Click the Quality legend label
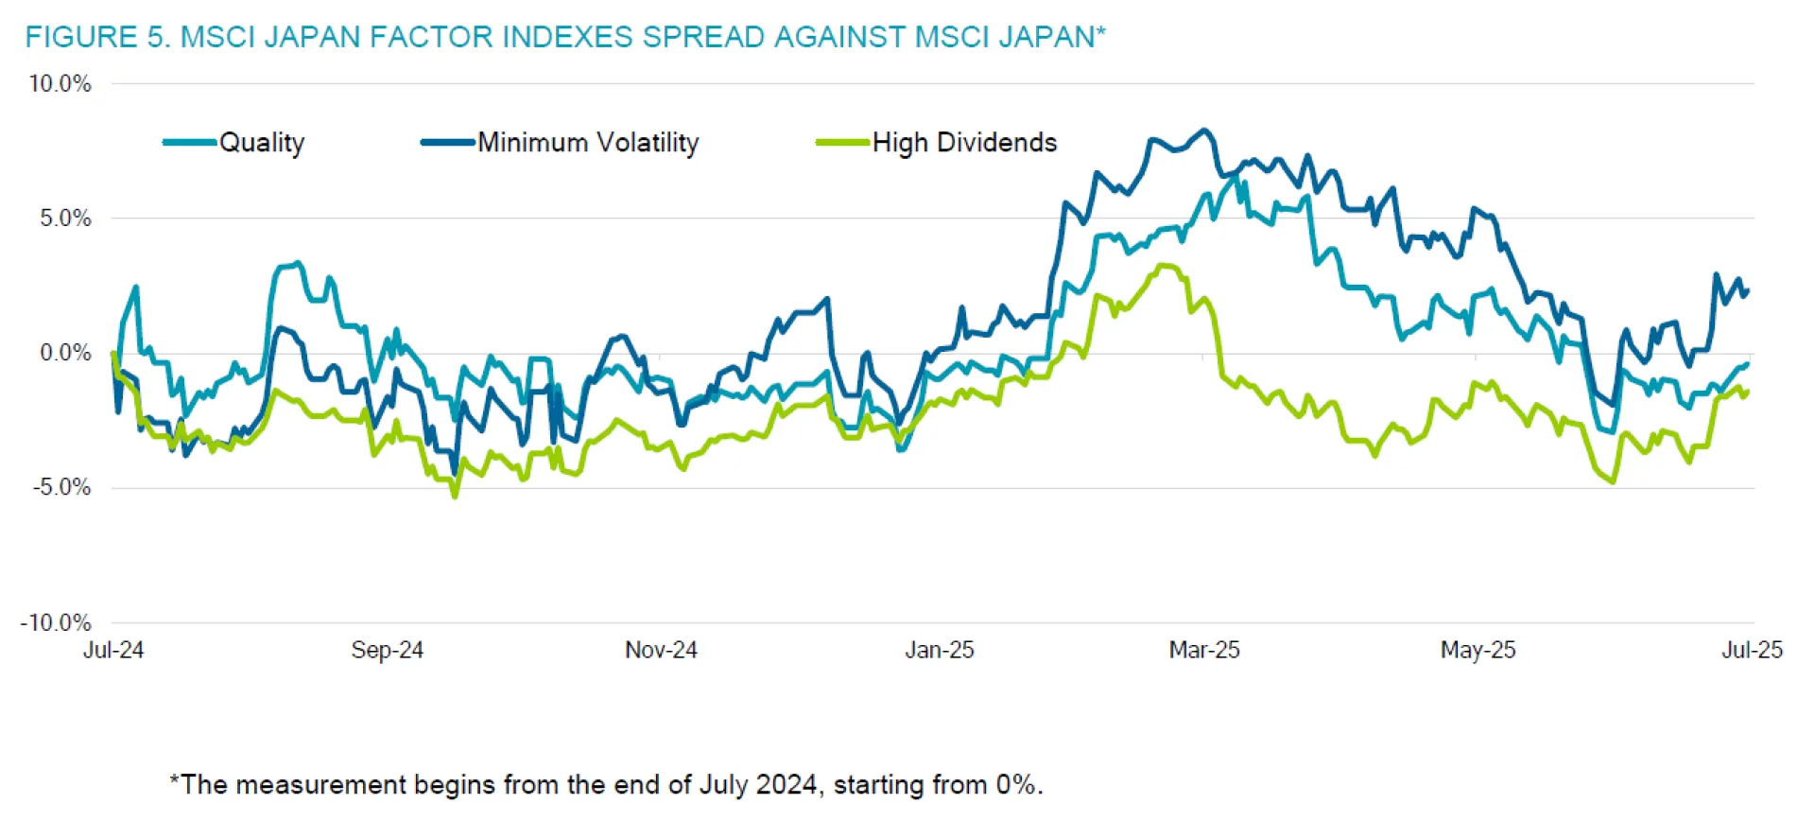tap(262, 143)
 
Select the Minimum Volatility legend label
tap(588, 143)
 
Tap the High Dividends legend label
tap(964, 143)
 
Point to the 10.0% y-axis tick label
tap(60, 84)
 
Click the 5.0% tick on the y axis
tap(65, 218)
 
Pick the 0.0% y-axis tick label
tap(65, 354)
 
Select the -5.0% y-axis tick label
tap(62, 488)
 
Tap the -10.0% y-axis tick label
tap(57, 623)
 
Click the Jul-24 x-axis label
tap(113, 651)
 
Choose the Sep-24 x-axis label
tap(387, 651)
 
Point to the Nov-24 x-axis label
tap(661, 651)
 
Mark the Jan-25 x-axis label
tap(939, 651)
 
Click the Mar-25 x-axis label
tap(1204, 651)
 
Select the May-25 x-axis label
tap(1478, 651)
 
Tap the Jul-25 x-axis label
tap(1752, 651)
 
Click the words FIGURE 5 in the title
tap(95, 37)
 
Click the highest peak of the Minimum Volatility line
tap(1204, 131)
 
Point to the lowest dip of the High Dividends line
tap(455, 496)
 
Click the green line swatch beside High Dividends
tap(842, 143)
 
